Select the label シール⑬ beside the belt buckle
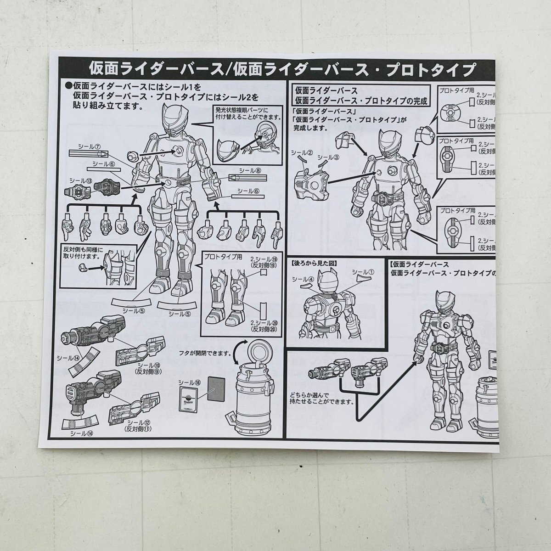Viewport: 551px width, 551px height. (x=79, y=180)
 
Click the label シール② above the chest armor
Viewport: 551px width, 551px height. (x=304, y=152)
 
